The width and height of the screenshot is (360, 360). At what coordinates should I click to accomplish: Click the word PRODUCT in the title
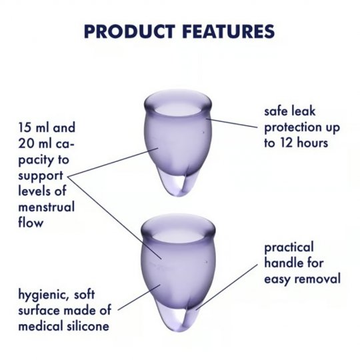(129, 31)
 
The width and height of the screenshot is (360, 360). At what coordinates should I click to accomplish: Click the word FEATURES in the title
(229, 31)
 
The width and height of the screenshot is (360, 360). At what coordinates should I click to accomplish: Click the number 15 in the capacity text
(25, 127)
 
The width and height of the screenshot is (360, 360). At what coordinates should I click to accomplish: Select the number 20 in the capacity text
(26, 143)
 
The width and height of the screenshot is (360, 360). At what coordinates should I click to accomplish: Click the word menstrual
(47, 207)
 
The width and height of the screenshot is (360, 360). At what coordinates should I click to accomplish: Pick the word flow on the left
(31, 222)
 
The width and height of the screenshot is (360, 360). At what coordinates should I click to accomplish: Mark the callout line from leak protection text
(231, 123)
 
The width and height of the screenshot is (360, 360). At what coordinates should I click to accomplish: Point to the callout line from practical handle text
(227, 287)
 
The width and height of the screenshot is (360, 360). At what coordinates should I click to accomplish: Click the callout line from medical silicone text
(139, 297)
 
